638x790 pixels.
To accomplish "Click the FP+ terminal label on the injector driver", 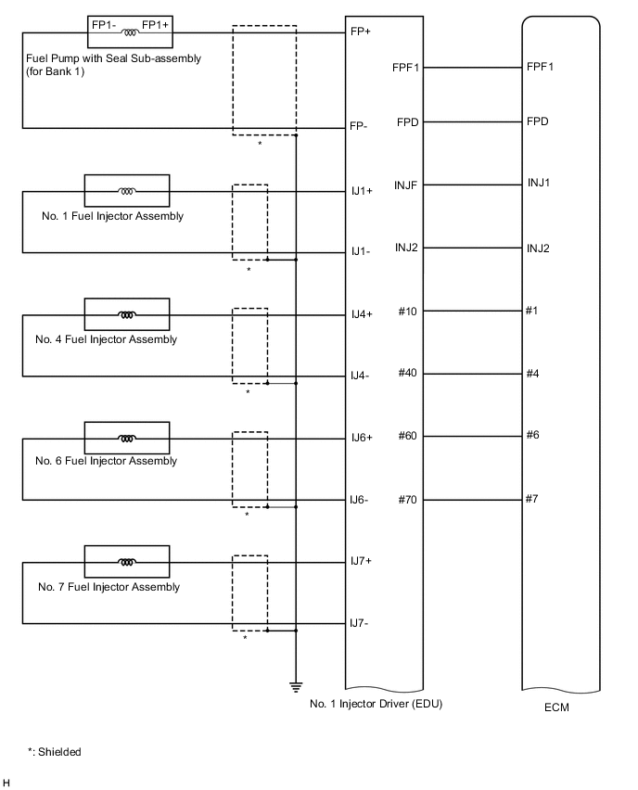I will coord(361,32).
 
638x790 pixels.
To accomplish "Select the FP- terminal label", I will coord(360,128).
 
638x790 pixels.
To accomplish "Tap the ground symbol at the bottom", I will coord(296,687).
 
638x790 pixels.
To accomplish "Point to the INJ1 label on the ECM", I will coord(539,183).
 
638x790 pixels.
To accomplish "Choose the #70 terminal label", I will coord(408,500).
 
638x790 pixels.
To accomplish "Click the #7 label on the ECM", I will coord(532,499).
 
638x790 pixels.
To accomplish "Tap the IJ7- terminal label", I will coord(359,623).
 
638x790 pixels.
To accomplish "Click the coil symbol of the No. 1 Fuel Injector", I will coord(127,192).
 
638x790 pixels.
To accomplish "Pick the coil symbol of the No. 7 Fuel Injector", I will coord(127,562).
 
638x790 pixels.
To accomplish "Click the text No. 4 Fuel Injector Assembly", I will coord(106,339).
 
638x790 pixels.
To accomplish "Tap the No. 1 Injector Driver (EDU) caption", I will coord(376,703).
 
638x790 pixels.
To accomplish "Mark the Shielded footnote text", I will coord(55,752).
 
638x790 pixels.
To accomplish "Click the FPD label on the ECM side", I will coord(537,121).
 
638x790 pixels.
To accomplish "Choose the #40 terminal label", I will coord(408,373).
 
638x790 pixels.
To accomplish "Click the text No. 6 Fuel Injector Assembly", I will coord(106,461).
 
